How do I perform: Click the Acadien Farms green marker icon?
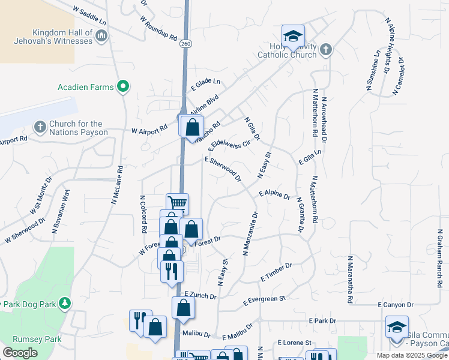123,87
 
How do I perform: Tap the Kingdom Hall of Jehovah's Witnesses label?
54,37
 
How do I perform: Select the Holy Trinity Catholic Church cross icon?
326,50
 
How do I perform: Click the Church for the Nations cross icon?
40,127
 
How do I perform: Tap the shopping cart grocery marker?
177,203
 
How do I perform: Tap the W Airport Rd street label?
149,130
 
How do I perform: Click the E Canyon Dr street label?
396,305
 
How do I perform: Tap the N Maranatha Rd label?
349,280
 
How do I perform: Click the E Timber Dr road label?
276,272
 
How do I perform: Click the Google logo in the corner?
20,353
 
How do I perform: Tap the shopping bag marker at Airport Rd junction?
191,128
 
